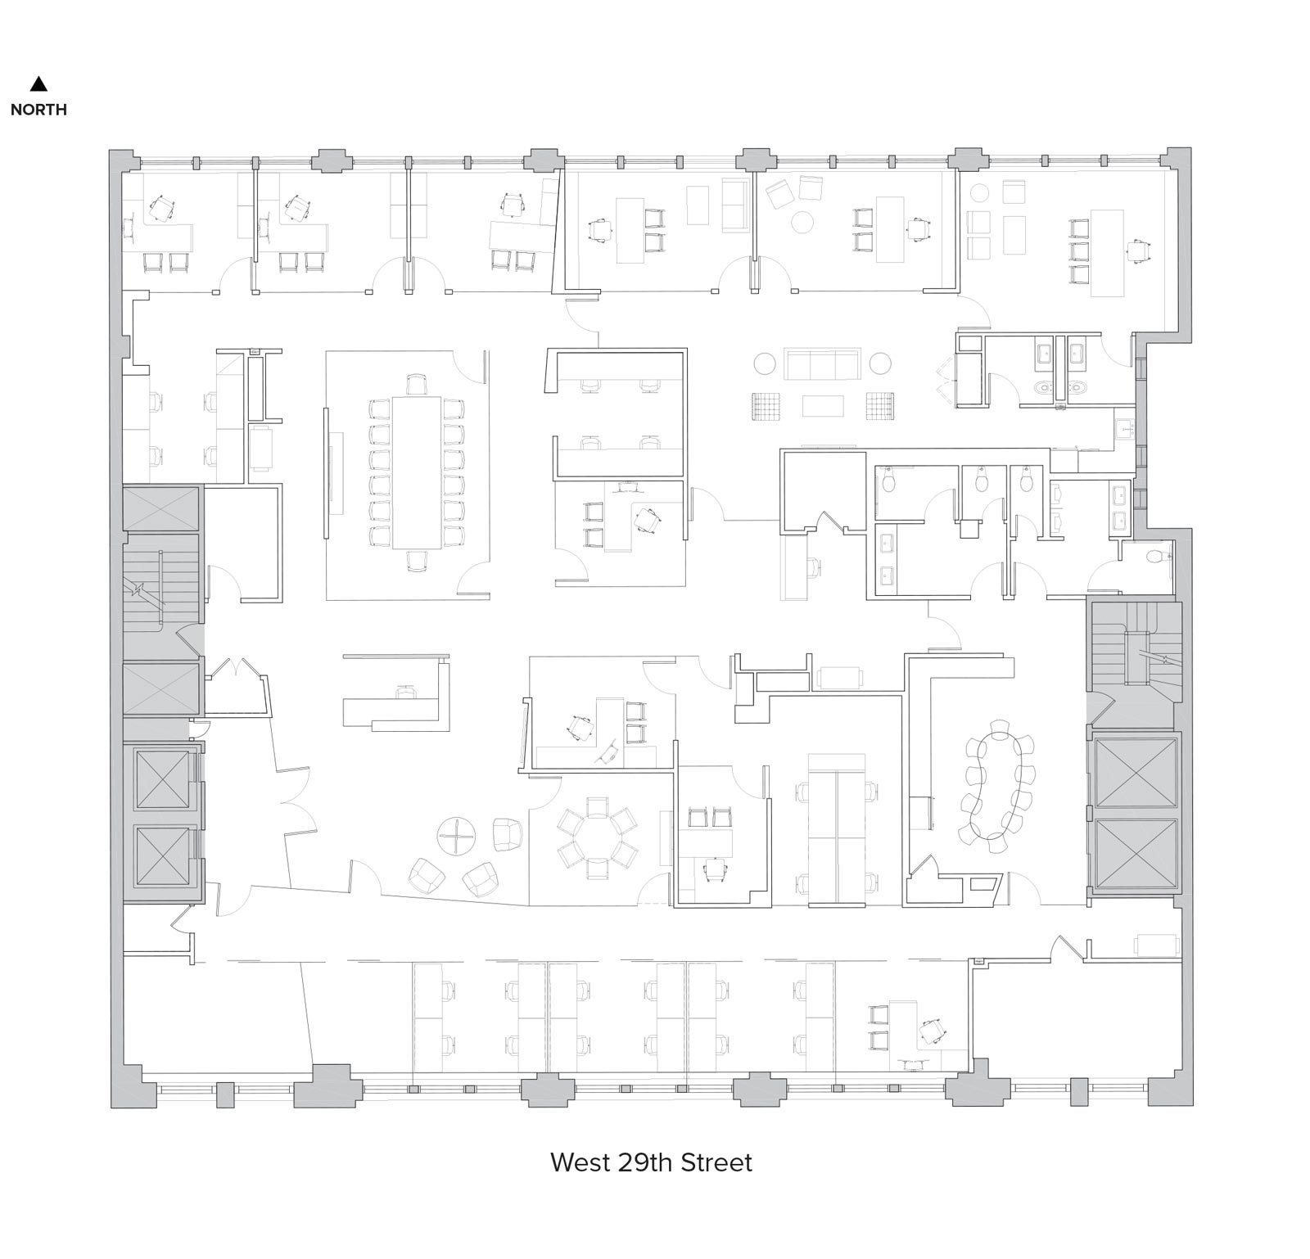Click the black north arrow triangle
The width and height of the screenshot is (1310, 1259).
tap(38, 83)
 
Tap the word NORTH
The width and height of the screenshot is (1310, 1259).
tap(38, 110)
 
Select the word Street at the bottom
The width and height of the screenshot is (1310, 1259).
tap(717, 1162)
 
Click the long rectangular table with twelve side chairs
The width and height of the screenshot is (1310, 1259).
tap(417, 472)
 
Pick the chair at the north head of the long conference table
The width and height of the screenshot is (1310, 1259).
tap(417, 383)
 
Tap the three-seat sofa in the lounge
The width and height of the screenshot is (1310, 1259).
tap(822, 363)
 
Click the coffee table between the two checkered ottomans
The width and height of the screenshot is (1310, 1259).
tap(823, 406)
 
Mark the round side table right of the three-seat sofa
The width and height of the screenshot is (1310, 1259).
tap(880, 363)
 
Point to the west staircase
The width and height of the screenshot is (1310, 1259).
tap(161, 583)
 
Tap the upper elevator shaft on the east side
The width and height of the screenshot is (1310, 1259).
tap(1134, 773)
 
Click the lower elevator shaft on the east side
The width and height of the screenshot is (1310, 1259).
tap(1134, 853)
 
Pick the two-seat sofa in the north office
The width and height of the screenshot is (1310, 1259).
tap(734, 205)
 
